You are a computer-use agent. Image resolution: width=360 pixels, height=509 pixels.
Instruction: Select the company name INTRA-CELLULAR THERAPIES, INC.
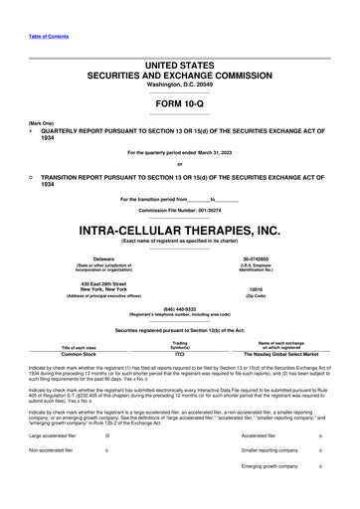[179, 228]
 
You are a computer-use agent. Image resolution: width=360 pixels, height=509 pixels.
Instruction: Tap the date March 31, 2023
[216, 152]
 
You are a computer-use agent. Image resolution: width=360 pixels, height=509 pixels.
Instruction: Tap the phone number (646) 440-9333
[179, 307]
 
